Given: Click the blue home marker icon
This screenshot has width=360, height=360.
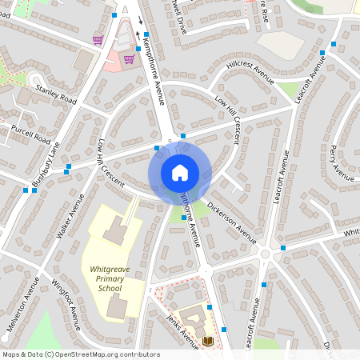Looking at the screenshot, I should click(x=179, y=173).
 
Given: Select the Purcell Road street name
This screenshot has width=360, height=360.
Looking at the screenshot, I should click(x=30, y=132).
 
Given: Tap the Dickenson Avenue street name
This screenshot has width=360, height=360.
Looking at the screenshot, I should click(x=231, y=222).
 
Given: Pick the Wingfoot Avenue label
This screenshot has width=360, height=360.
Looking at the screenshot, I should click(x=66, y=304).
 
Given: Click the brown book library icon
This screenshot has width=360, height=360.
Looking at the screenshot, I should click(x=208, y=341).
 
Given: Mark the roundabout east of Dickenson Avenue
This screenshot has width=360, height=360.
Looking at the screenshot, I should click(x=265, y=253).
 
